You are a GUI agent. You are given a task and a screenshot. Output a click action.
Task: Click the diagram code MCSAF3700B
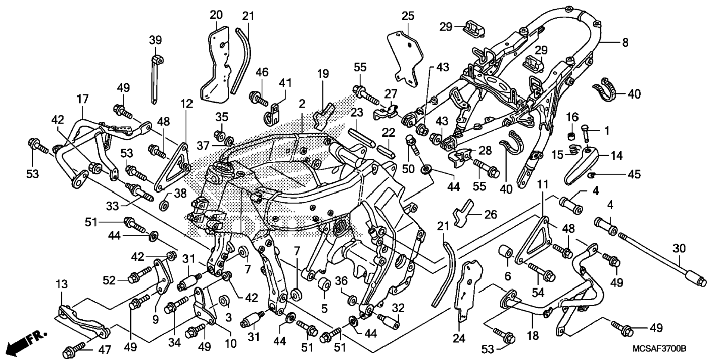(x=659, y=349)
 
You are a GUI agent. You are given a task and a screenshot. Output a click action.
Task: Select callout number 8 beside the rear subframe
(x=625, y=43)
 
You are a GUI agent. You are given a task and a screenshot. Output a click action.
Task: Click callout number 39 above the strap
(x=155, y=39)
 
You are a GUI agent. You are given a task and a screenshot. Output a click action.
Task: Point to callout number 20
(x=216, y=15)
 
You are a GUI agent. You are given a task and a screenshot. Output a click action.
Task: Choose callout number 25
(x=408, y=16)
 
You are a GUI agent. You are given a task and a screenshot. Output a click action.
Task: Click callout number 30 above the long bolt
(x=679, y=248)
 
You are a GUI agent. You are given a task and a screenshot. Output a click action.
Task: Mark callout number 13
(x=62, y=285)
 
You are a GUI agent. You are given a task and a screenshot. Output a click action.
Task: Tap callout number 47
(x=105, y=350)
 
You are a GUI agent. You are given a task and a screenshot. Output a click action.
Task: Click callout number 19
(x=323, y=74)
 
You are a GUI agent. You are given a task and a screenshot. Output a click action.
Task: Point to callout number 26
(x=491, y=214)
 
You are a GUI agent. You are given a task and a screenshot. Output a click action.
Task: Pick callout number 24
(x=459, y=338)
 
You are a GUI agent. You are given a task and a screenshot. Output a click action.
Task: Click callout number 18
(x=533, y=336)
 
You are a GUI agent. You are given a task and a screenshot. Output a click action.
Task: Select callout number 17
(x=83, y=99)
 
